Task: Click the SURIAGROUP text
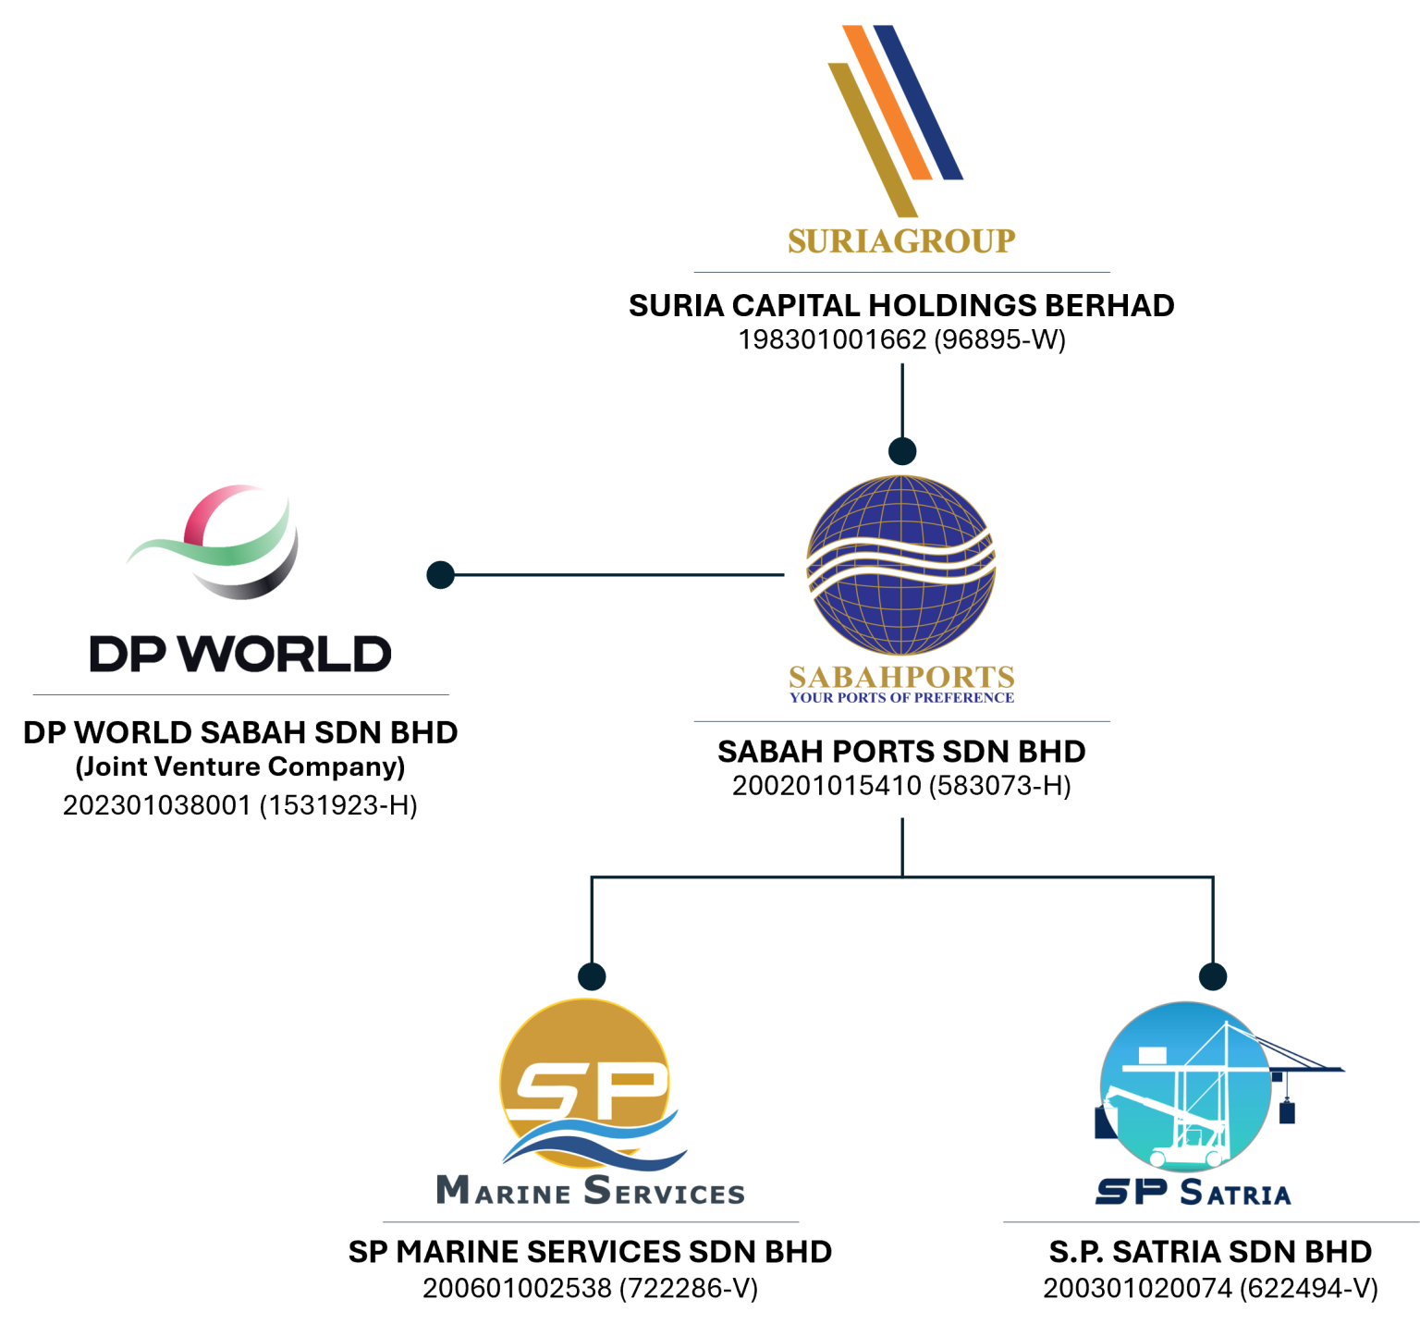pyautogui.click(x=901, y=241)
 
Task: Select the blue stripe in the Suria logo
pyautogui.click(x=919, y=102)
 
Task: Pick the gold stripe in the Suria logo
pyautogui.click(x=872, y=139)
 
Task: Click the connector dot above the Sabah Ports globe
pyautogui.click(x=902, y=451)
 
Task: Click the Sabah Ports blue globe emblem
pyautogui.click(x=901, y=565)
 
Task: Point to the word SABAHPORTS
pyautogui.click(x=901, y=677)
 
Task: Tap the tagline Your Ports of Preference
pyautogui.click(x=901, y=697)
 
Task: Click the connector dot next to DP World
pyautogui.click(x=440, y=574)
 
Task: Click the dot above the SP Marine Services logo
pyautogui.click(x=592, y=976)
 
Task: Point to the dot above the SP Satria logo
pyautogui.click(x=1213, y=976)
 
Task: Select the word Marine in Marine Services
pyautogui.click(x=504, y=1191)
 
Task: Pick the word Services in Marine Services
pyautogui.click(x=664, y=1191)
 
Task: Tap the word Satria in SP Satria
pyautogui.click(x=1235, y=1193)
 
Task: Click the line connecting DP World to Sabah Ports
pyautogui.click(x=619, y=574)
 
